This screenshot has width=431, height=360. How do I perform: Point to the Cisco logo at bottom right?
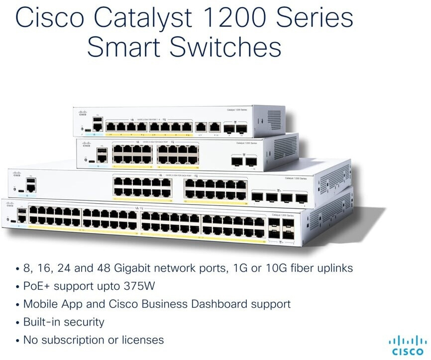point(408,346)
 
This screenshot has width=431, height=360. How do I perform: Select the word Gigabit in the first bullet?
point(138,268)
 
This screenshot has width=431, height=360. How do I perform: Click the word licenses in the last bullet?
point(143,340)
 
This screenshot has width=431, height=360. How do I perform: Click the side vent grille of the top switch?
point(275,120)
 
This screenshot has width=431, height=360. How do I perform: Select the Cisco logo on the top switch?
point(83,113)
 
